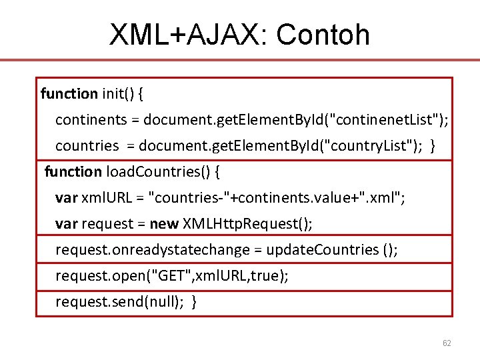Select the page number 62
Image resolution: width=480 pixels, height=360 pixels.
[447, 343]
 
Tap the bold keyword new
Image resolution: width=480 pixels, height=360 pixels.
[164, 223]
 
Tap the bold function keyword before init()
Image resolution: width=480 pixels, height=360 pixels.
[69, 94]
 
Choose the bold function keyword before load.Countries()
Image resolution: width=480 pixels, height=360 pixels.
[73, 172]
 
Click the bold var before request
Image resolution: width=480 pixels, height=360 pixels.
[66, 223]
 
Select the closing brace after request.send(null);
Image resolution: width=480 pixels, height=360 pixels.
[194, 302]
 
